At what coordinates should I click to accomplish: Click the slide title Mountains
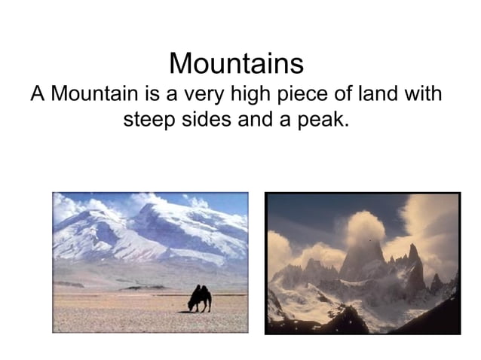click(236, 63)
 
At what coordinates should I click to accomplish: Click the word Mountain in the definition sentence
click(92, 95)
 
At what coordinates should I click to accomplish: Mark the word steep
click(148, 120)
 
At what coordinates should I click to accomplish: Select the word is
click(149, 95)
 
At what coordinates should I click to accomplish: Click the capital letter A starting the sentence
click(37, 95)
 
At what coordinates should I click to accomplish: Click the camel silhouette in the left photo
click(199, 298)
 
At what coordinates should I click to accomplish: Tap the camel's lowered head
click(189, 307)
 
